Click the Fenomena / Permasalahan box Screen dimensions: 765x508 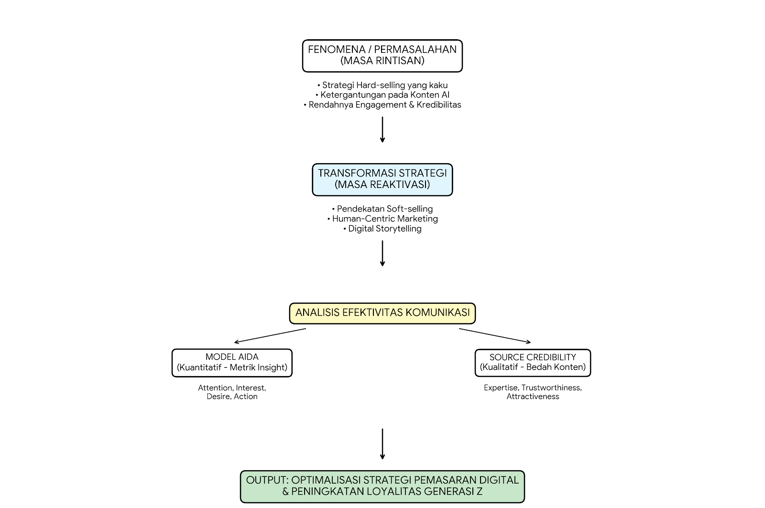[382, 55]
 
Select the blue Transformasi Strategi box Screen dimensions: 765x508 [382, 179]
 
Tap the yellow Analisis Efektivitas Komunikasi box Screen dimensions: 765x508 [382, 313]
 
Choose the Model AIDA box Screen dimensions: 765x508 [232, 363]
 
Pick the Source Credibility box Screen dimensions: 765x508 [533, 363]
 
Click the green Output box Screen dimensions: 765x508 [382, 486]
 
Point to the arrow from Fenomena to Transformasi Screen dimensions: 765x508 [382, 130]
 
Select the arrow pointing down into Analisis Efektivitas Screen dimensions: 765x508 [382, 253]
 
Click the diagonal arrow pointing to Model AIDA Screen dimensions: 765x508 [270, 335]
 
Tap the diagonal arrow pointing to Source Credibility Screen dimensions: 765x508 [495, 335]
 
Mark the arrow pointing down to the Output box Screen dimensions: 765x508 [382, 444]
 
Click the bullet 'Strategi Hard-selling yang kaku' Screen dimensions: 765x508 [382, 85]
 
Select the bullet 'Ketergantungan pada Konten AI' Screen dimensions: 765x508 [382, 95]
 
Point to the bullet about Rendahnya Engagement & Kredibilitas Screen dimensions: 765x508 [382, 105]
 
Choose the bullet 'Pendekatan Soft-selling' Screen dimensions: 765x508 [382, 209]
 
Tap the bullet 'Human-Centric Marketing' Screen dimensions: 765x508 [382, 219]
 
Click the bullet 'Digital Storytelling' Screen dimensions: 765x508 [382, 229]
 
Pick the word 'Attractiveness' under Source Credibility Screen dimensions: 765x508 [533, 396]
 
